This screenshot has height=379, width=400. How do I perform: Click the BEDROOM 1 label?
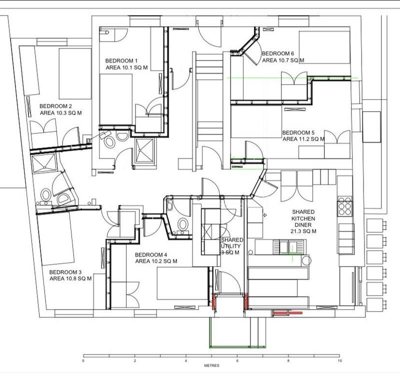121,60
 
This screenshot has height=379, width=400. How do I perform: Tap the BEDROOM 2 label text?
55,106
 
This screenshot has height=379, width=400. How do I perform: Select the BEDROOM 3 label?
65,272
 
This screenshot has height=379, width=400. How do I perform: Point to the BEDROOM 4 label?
151,255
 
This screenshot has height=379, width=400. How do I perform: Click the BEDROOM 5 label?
298,132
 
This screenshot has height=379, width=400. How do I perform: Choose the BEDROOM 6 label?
278,53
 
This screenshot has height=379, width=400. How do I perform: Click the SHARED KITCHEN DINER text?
303,218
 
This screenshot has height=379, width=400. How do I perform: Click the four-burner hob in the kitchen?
345,205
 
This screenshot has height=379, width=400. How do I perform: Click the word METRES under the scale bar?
211,365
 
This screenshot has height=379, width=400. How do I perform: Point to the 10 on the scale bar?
339,360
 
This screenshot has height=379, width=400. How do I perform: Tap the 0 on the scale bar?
83,360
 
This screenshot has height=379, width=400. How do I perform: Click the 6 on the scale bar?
237,360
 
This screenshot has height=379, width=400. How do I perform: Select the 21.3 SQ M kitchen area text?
303,231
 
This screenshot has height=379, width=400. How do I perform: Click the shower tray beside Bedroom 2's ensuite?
44,163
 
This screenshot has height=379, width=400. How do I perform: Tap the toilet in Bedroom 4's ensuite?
182,225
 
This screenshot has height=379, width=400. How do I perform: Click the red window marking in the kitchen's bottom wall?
287,312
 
